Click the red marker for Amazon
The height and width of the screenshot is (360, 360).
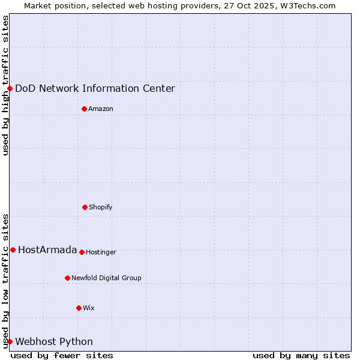(x=84, y=109)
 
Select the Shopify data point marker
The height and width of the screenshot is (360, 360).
(x=85, y=207)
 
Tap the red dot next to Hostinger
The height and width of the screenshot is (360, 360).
(x=82, y=252)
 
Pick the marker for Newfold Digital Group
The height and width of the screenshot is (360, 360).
(x=67, y=278)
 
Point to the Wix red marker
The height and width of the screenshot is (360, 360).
(x=79, y=308)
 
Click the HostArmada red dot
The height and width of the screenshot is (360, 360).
(x=13, y=250)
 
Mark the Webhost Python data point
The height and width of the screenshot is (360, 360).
(x=10, y=341)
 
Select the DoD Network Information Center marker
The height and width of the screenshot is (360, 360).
(x=10, y=88)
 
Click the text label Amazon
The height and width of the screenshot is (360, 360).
(x=101, y=109)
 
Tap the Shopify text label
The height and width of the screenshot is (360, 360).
(x=101, y=207)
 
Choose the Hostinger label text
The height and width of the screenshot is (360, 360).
(x=101, y=252)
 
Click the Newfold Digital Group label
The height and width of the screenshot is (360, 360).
(x=106, y=278)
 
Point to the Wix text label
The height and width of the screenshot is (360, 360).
(x=89, y=308)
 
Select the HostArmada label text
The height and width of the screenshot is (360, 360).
(x=47, y=250)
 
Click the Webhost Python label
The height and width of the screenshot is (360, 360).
(x=54, y=341)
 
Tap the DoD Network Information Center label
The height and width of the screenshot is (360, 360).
(x=95, y=88)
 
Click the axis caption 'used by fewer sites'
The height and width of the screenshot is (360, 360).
(x=62, y=355)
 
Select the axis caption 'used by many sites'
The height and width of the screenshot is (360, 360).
(x=301, y=355)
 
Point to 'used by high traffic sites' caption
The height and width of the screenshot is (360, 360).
(x=5, y=85)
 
